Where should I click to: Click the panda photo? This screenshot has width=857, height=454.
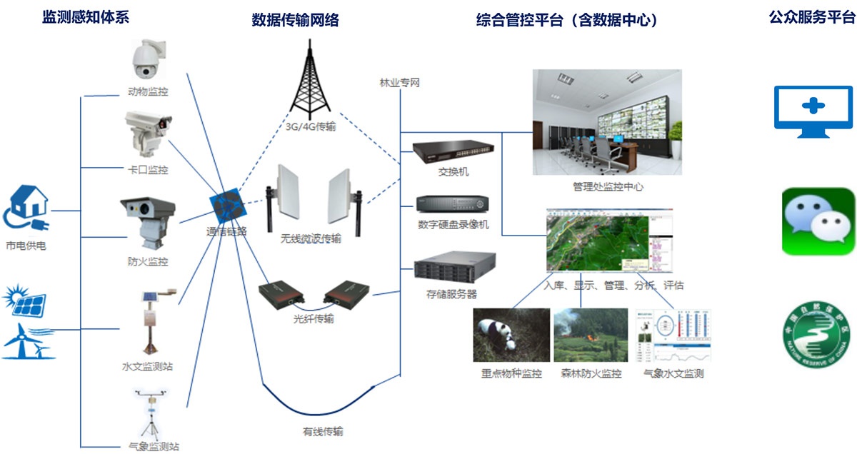coord(511,335)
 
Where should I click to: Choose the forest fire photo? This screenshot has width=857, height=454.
coord(590,335)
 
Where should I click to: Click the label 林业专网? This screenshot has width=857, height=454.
coord(399,83)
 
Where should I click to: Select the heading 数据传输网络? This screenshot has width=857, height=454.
coord(295,21)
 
